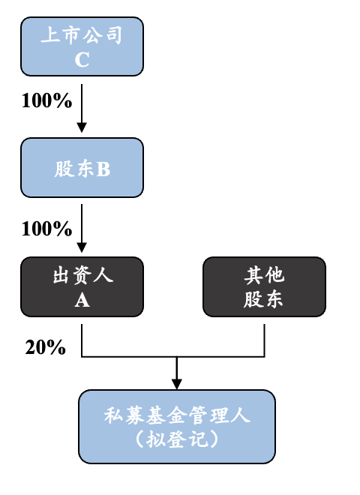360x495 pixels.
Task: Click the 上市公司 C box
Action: (x=82, y=46)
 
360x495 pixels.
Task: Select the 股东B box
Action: (x=82, y=168)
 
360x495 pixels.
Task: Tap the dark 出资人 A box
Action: (x=82, y=286)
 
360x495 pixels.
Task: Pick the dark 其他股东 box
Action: (x=264, y=286)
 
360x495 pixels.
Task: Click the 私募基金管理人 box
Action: (x=177, y=427)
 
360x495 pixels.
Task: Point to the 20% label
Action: (x=46, y=347)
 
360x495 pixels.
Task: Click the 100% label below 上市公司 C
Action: (x=46, y=100)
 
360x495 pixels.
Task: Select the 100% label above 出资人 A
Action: (x=46, y=229)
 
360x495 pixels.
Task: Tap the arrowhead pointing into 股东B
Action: (x=82, y=127)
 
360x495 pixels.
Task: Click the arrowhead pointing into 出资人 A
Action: (x=82, y=247)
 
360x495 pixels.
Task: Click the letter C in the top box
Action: (x=82, y=59)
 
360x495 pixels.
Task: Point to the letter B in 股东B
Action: (x=103, y=169)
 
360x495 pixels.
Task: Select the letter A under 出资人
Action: (x=82, y=300)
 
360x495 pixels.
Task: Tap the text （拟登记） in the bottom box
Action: (x=177, y=439)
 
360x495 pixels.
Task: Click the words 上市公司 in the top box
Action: (x=82, y=34)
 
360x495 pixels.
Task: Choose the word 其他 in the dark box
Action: (x=264, y=274)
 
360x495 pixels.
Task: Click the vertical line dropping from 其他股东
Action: (x=264, y=340)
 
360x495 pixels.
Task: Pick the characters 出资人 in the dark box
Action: (x=82, y=275)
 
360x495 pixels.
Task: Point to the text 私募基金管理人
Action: (x=177, y=415)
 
